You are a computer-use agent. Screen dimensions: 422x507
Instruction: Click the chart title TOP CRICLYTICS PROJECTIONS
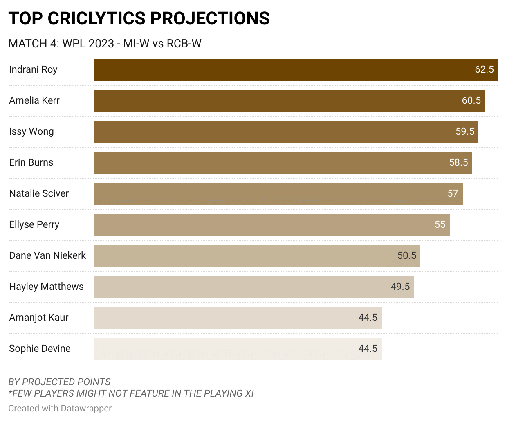(139, 19)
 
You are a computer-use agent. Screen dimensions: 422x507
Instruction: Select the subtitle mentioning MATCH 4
(105, 44)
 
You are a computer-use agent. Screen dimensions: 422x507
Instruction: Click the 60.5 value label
(471, 100)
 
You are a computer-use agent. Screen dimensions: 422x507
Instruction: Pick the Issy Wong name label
(31, 131)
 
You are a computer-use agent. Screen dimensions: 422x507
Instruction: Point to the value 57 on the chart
(453, 193)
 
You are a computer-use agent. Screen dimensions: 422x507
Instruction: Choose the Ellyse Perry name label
(34, 224)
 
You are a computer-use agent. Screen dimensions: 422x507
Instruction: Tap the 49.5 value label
(400, 287)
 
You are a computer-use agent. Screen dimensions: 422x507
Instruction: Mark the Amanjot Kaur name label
(39, 318)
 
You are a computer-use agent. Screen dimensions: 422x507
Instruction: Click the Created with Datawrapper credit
(60, 408)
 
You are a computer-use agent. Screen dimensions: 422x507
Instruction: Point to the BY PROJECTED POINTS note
(59, 382)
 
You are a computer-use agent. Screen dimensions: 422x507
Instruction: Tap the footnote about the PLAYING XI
(131, 393)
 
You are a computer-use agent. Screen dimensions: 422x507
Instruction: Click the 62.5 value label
(484, 69)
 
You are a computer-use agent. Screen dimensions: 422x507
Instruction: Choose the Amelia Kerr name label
(34, 100)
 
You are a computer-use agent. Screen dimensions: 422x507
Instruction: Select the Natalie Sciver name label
(39, 193)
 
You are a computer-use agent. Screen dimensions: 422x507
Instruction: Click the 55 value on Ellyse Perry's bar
(440, 224)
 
